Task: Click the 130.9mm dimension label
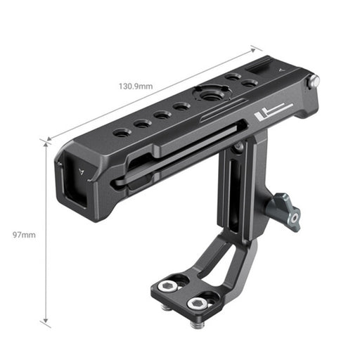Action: coord(136,86)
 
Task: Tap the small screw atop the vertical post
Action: coord(239,146)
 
